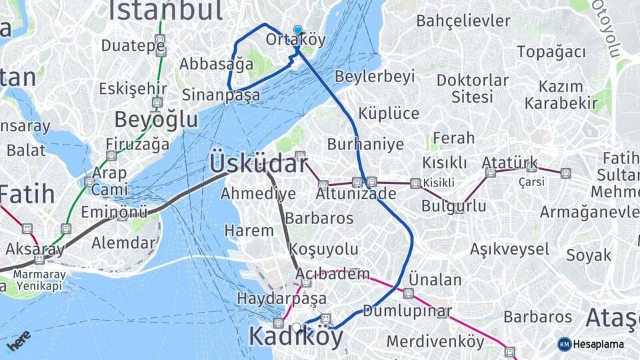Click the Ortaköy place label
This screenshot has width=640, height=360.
pyautogui.click(x=295, y=40)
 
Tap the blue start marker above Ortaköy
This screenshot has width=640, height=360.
pyautogui.click(x=297, y=29)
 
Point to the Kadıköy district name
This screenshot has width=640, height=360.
pyautogui.click(x=296, y=337)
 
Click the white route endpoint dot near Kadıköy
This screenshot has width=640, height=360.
pyautogui.click(x=297, y=327)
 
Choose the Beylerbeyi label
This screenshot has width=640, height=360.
pyautogui.click(x=375, y=77)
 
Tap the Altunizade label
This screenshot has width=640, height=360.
pyautogui.click(x=356, y=194)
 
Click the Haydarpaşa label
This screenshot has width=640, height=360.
pyautogui.click(x=281, y=298)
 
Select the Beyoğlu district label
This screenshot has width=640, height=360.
pyautogui.click(x=156, y=120)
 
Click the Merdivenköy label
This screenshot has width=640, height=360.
pyautogui.click(x=435, y=341)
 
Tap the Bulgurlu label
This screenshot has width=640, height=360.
pyautogui.click(x=453, y=206)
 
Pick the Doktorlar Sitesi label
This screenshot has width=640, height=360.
pyautogui.click(x=472, y=88)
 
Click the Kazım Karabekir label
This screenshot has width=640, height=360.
pyautogui.click(x=560, y=94)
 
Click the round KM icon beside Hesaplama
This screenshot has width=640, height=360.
pyautogui.click(x=565, y=344)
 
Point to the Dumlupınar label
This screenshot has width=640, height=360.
pyautogui.click(x=407, y=311)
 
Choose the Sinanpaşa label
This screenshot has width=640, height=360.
pyautogui.click(x=221, y=95)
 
